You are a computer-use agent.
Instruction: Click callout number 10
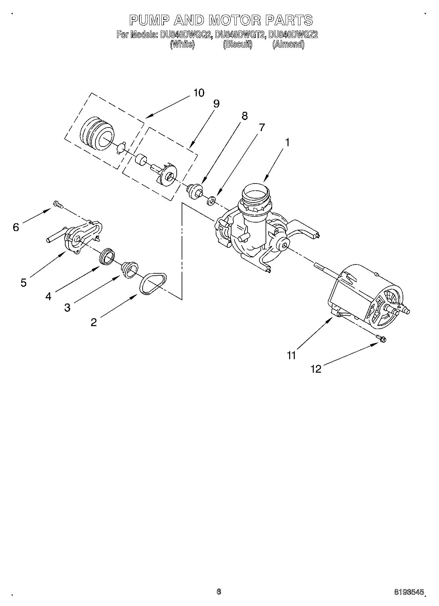tap(199, 93)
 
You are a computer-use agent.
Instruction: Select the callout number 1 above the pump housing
tap(287, 143)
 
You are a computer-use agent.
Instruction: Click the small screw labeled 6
tap(58, 205)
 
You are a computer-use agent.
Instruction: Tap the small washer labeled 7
tap(211, 200)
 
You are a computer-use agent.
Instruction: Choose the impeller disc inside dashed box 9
tap(168, 173)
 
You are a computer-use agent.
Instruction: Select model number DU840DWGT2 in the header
tap(240, 35)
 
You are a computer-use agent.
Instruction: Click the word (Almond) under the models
tap(288, 45)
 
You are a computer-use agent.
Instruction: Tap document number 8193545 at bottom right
tap(409, 592)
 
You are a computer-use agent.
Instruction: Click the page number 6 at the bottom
tap(219, 592)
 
